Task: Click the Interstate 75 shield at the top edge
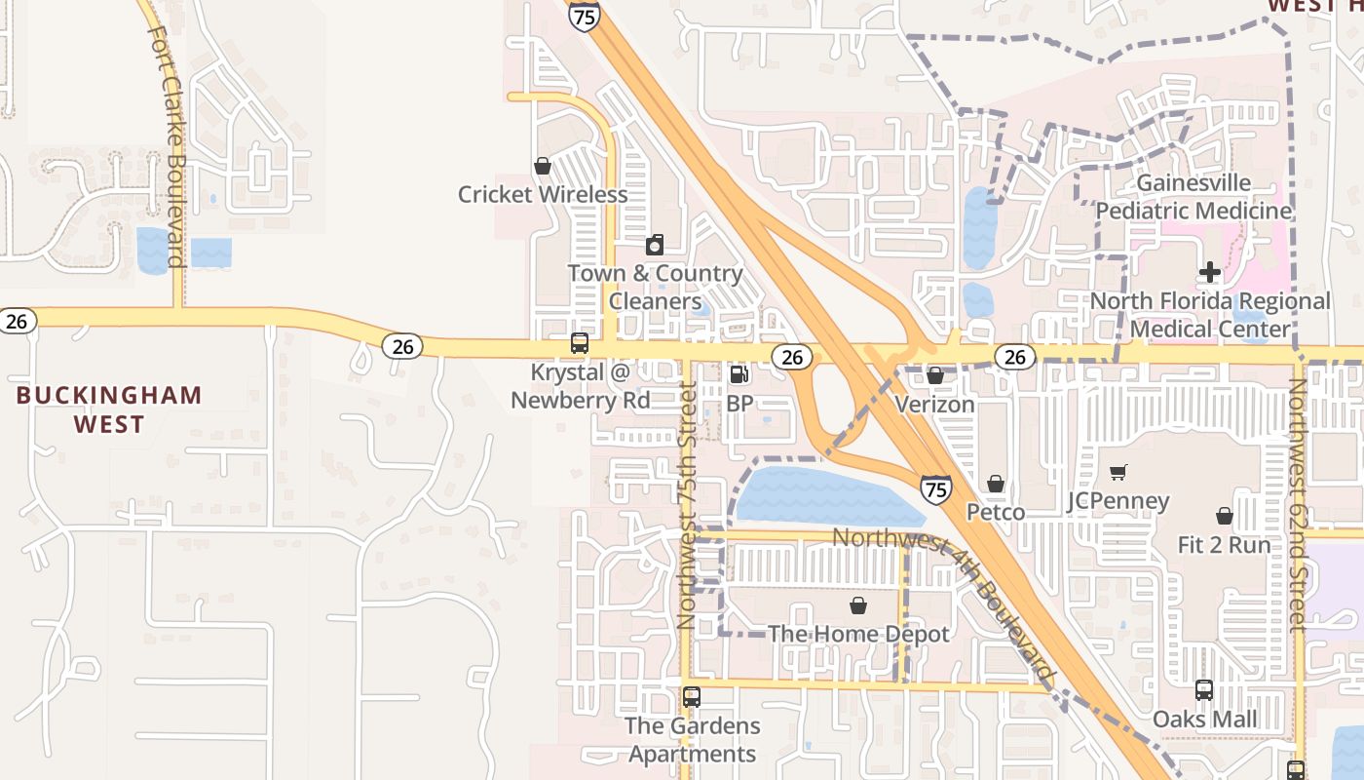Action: click(585, 16)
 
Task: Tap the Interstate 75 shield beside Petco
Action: click(935, 487)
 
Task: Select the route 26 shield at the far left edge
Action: click(17, 321)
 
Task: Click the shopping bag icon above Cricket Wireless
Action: click(543, 167)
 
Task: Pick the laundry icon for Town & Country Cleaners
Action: click(656, 245)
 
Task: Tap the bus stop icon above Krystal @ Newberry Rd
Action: click(579, 343)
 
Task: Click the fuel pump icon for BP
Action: click(739, 374)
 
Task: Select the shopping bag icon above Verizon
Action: click(935, 375)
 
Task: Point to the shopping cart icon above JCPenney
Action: click(1118, 473)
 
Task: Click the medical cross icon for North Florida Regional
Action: click(1209, 272)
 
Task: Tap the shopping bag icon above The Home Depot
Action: click(858, 605)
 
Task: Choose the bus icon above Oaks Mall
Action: click(1204, 690)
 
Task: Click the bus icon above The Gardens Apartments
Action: click(692, 697)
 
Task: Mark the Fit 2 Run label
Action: click(1224, 545)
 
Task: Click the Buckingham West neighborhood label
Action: click(109, 409)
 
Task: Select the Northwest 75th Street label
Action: click(687, 505)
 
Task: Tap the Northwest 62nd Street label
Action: click(1297, 505)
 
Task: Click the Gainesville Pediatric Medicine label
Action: click(1194, 197)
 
